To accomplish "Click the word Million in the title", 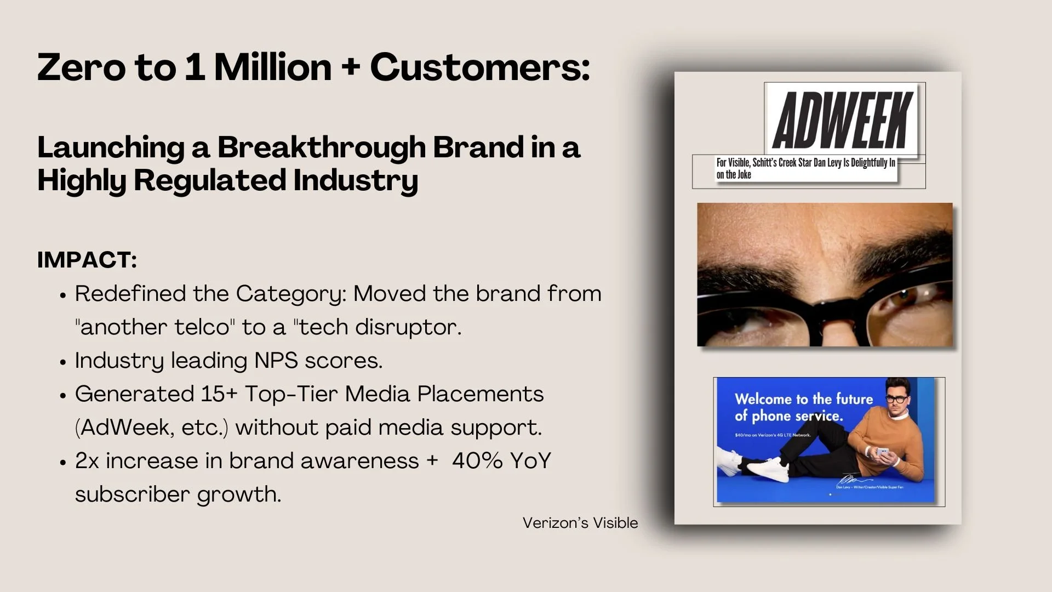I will (272, 67).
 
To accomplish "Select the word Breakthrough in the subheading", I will (321, 147).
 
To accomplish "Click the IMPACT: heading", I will (87, 260).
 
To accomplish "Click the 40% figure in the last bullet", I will (477, 461).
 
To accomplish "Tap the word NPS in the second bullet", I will (276, 361).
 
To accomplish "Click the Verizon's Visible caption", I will (580, 523).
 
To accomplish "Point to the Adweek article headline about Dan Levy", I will (805, 169).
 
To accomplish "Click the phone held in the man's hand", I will (883, 453).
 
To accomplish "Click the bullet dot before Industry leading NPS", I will (63, 362).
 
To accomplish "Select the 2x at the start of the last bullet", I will (87, 461).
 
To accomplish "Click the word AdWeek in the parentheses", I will (125, 428).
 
